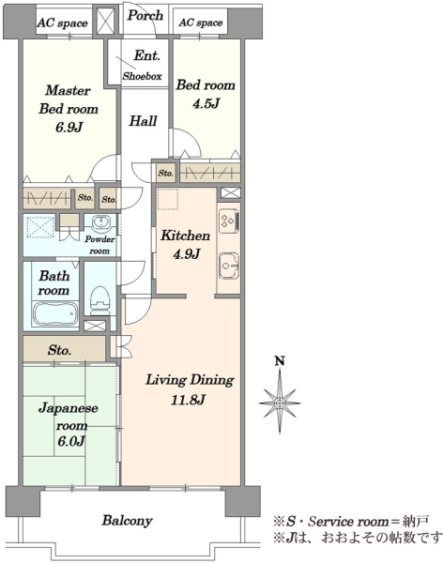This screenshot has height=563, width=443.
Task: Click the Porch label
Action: [x=145, y=15]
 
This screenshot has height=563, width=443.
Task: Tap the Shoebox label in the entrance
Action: [x=143, y=76]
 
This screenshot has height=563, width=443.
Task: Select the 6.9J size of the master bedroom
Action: [x=69, y=127]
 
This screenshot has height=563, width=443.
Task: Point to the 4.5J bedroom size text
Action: [x=206, y=103]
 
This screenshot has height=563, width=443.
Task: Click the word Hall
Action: [x=143, y=121]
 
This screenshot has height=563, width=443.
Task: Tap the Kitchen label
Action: [x=186, y=236]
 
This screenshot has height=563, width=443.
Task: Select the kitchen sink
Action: [x=229, y=266]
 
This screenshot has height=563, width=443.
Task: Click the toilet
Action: [x=99, y=301]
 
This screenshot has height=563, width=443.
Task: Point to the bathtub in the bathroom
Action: [x=55, y=313]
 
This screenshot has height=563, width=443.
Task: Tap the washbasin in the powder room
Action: [x=100, y=223]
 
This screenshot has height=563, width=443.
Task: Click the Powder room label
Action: [x=99, y=245]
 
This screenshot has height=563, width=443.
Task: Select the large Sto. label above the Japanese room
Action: [x=59, y=349]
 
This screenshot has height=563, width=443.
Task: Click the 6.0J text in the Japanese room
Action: [x=70, y=441]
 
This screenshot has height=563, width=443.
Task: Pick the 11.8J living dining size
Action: [x=188, y=400]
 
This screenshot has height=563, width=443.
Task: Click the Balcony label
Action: [x=128, y=520]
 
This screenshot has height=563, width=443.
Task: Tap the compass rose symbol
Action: [x=280, y=402]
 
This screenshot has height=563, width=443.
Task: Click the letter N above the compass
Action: [x=280, y=360]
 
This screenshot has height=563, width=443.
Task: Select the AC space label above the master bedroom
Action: [x=63, y=23]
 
